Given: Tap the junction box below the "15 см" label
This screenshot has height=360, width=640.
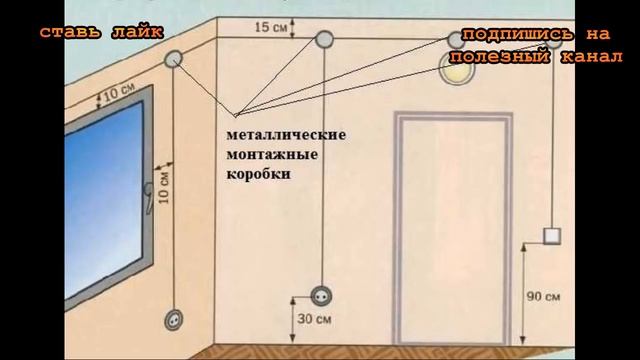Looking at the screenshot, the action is coord(325,40).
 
